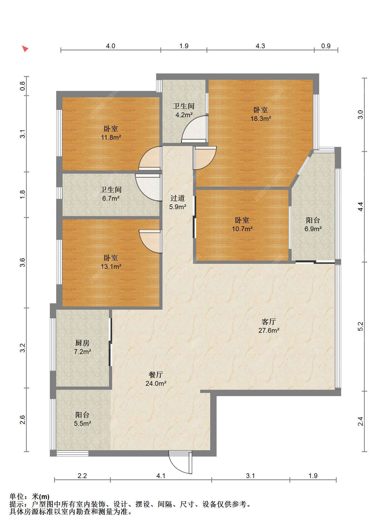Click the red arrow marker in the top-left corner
pyautogui.click(x=25, y=49)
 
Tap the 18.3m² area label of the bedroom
pyautogui.click(x=261, y=119)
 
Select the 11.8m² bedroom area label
pyautogui.click(x=111, y=137)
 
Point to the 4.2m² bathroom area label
pyautogui.click(x=184, y=115)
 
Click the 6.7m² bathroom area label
pyautogui.click(x=111, y=198)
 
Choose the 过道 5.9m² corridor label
pyautogui.click(x=178, y=203)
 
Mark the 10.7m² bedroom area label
pyautogui.click(x=242, y=229)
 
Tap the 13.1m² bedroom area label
pyautogui.click(x=111, y=266)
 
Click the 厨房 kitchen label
pyautogui.click(x=82, y=343)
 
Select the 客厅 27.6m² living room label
pyautogui.click(x=269, y=326)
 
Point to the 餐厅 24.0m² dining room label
pyautogui.click(x=156, y=379)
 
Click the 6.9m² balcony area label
pyautogui.click(x=313, y=229)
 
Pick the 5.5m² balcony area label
pyautogui.click(x=82, y=423)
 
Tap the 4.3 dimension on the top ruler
pyautogui.click(x=260, y=46)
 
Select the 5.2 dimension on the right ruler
pyautogui.click(x=360, y=326)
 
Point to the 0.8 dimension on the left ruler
pyautogui.click(x=23, y=86)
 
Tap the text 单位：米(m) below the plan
pyautogui.click(x=29, y=497)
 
